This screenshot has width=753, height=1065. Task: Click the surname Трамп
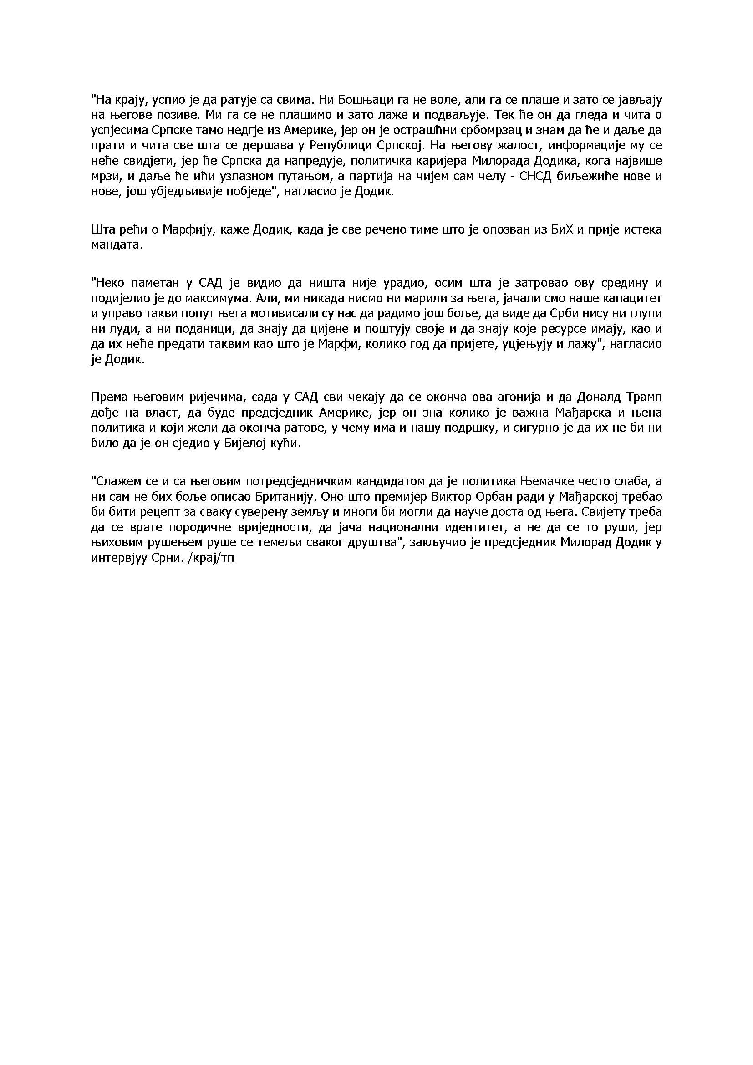point(641,397)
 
